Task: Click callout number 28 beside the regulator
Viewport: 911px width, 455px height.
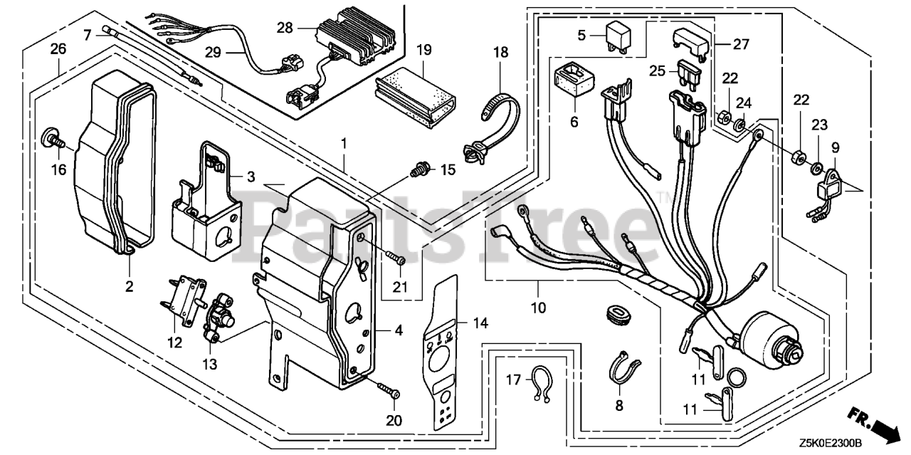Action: pyautogui.click(x=285, y=28)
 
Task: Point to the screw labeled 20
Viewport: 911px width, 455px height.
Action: pyautogui.click(x=390, y=392)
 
